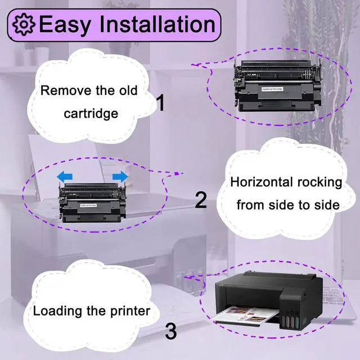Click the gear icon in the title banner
tap(24, 25)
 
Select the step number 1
tap(160, 103)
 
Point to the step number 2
tap(201, 200)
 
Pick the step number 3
tap(171, 330)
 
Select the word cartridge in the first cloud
tap(91, 114)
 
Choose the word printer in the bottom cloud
tap(131, 310)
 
